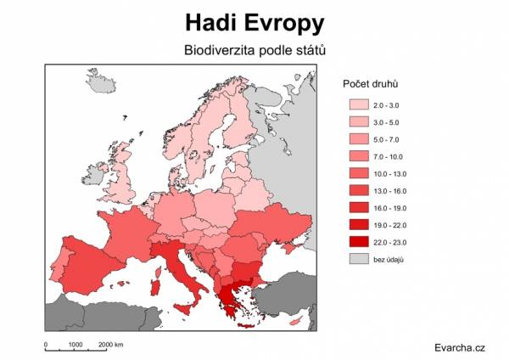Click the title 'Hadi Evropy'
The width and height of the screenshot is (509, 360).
pyautogui.click(x=255, y=20)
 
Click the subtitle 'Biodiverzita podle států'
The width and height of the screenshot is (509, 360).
pyautogui.click(x=255, y=50)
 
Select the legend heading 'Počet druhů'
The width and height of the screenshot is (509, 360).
pyautogui.click(x=371, y=85)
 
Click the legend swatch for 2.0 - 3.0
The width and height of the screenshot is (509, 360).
pyautogui.click(x=360, y=104)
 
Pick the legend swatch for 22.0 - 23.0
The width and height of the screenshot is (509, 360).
pyautogui.click(x=360, y=241)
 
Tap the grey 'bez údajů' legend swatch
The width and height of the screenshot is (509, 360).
pyautogui.click(x=360, y=258)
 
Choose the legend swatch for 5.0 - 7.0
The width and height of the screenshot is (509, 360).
pyautogui.click(x=360, y=138)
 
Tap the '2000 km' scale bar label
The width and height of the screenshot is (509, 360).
pyautogui.click(x=111, y=345)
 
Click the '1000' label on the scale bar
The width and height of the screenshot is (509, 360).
pyautogui.click(x=75, y=345)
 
